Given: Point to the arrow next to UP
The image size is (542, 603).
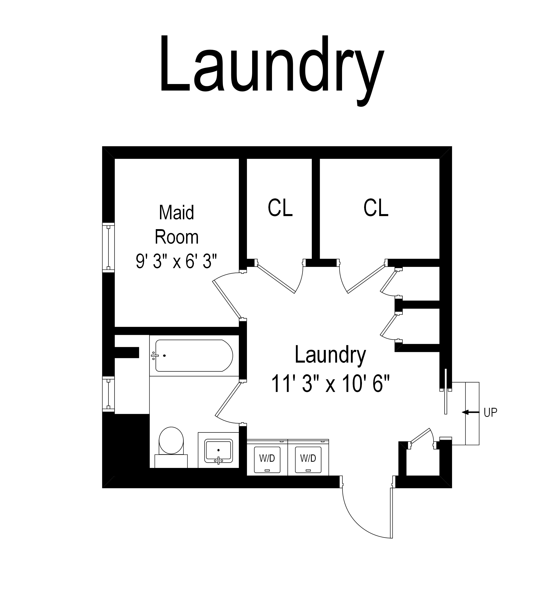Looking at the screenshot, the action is click(x=471, y=412).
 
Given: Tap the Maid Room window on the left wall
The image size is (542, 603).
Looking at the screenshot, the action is click(x=108, y=247).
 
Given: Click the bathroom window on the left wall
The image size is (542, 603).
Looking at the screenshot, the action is click(x=108, y=394).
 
